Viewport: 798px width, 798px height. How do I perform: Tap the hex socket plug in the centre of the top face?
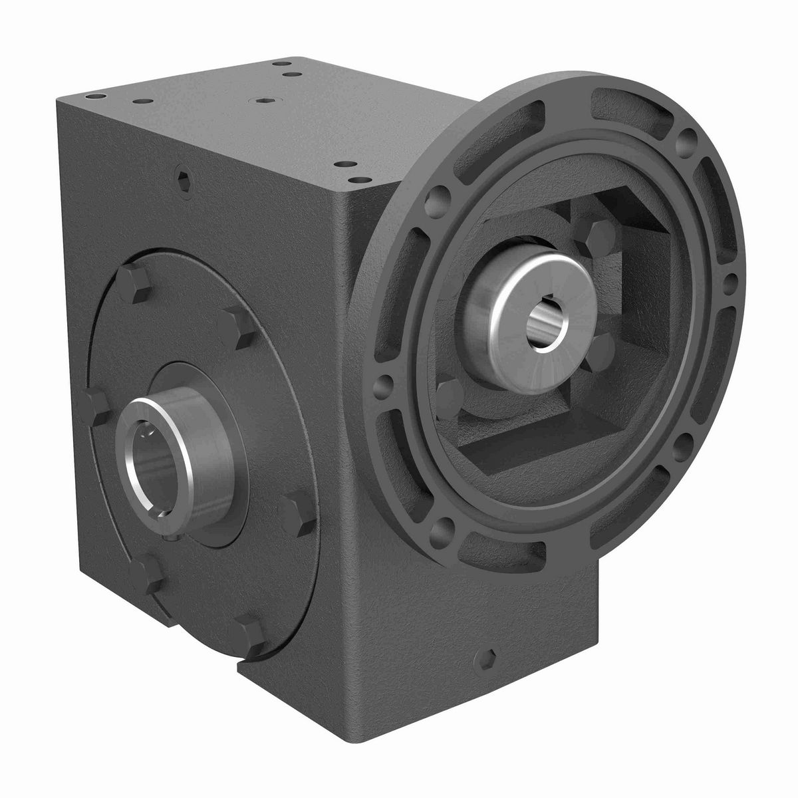(x=265, y=101)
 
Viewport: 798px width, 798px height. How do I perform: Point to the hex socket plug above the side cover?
(x=184, y=177)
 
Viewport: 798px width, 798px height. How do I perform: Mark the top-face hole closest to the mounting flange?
(x=360, y=179)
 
